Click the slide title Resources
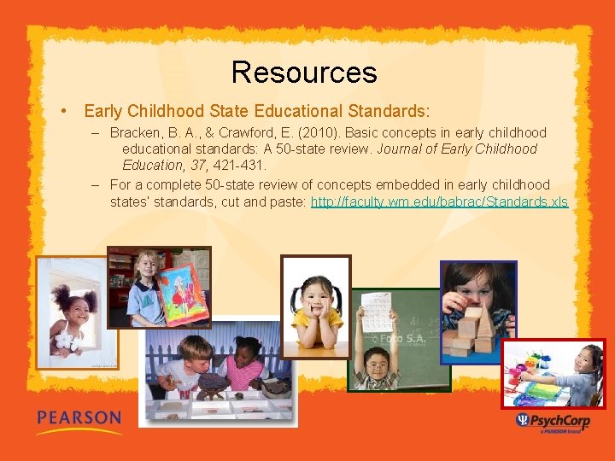point(303,72)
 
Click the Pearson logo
point(79,420)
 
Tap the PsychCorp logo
point(553,421)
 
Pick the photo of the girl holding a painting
point(160,288)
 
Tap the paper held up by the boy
point(375,312)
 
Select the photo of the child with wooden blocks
point(477,312)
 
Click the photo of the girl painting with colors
point(553,374)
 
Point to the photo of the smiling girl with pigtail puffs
point(74,312)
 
